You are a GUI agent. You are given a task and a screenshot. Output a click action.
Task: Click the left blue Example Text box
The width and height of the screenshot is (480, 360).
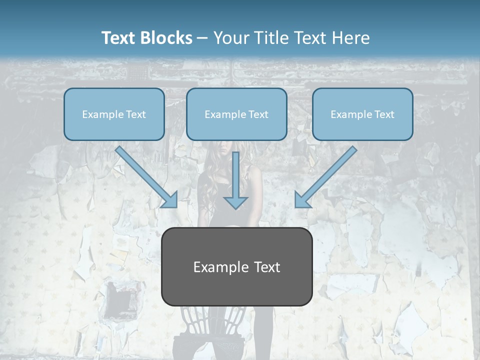tap(114, 114)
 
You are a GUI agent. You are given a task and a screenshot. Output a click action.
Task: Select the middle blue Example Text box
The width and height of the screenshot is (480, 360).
tap(236, 114)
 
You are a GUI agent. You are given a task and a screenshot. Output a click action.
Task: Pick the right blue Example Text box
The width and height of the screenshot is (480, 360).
tap(362, 114)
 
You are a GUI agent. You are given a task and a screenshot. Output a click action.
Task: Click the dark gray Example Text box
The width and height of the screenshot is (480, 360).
tap(236, 266)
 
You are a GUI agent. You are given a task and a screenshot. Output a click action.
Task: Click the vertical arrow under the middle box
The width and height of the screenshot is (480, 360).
tap(235, 175)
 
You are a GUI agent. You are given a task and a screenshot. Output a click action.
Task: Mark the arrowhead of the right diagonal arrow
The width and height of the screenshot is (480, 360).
tap(302, 200)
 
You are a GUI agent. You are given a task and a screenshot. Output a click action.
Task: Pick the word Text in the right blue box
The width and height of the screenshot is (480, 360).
tap(384, 114)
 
